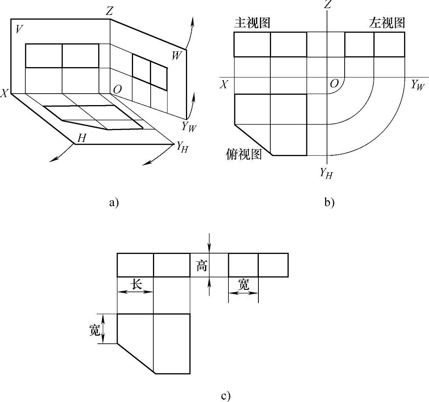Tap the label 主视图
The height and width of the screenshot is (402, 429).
pyautogui.click(x=252, y=23)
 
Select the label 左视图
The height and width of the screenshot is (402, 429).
pyautogui.click(x=387, y=23)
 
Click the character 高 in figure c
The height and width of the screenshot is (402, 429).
pyautogui.click(x=202, y=265)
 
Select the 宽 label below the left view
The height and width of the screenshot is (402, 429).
pyautogui.click(x=243, y=284)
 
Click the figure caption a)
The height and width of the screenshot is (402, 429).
pyautogui.click(x=114, y=203)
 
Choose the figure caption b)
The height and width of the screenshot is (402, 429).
pyautogui.click(x=329, y=203)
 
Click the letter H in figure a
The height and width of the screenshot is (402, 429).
pyautogui.click(x=81, y=138)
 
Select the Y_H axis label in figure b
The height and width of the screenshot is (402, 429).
pyautogui.click(x=327, y=173)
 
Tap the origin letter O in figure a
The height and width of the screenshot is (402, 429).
pyautogui.click(x=118, y=89)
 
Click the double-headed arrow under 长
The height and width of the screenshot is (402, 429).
pyautogui.click(x=135, y=292)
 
